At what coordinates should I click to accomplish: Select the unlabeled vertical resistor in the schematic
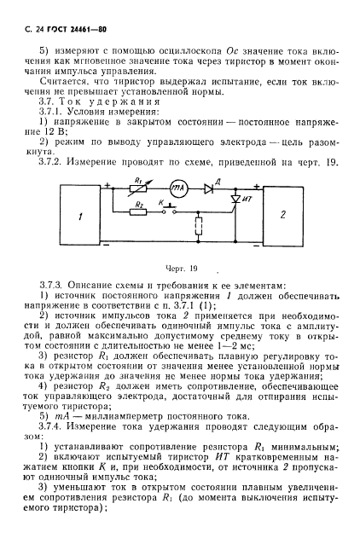(199, 229)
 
